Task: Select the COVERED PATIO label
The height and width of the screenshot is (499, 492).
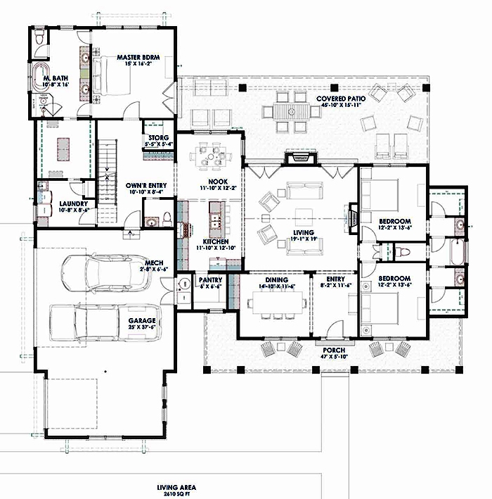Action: (x=340, y=99)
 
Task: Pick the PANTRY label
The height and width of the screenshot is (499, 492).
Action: (x=209, y=279)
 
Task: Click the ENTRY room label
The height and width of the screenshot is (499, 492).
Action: (x=334, y=279)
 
